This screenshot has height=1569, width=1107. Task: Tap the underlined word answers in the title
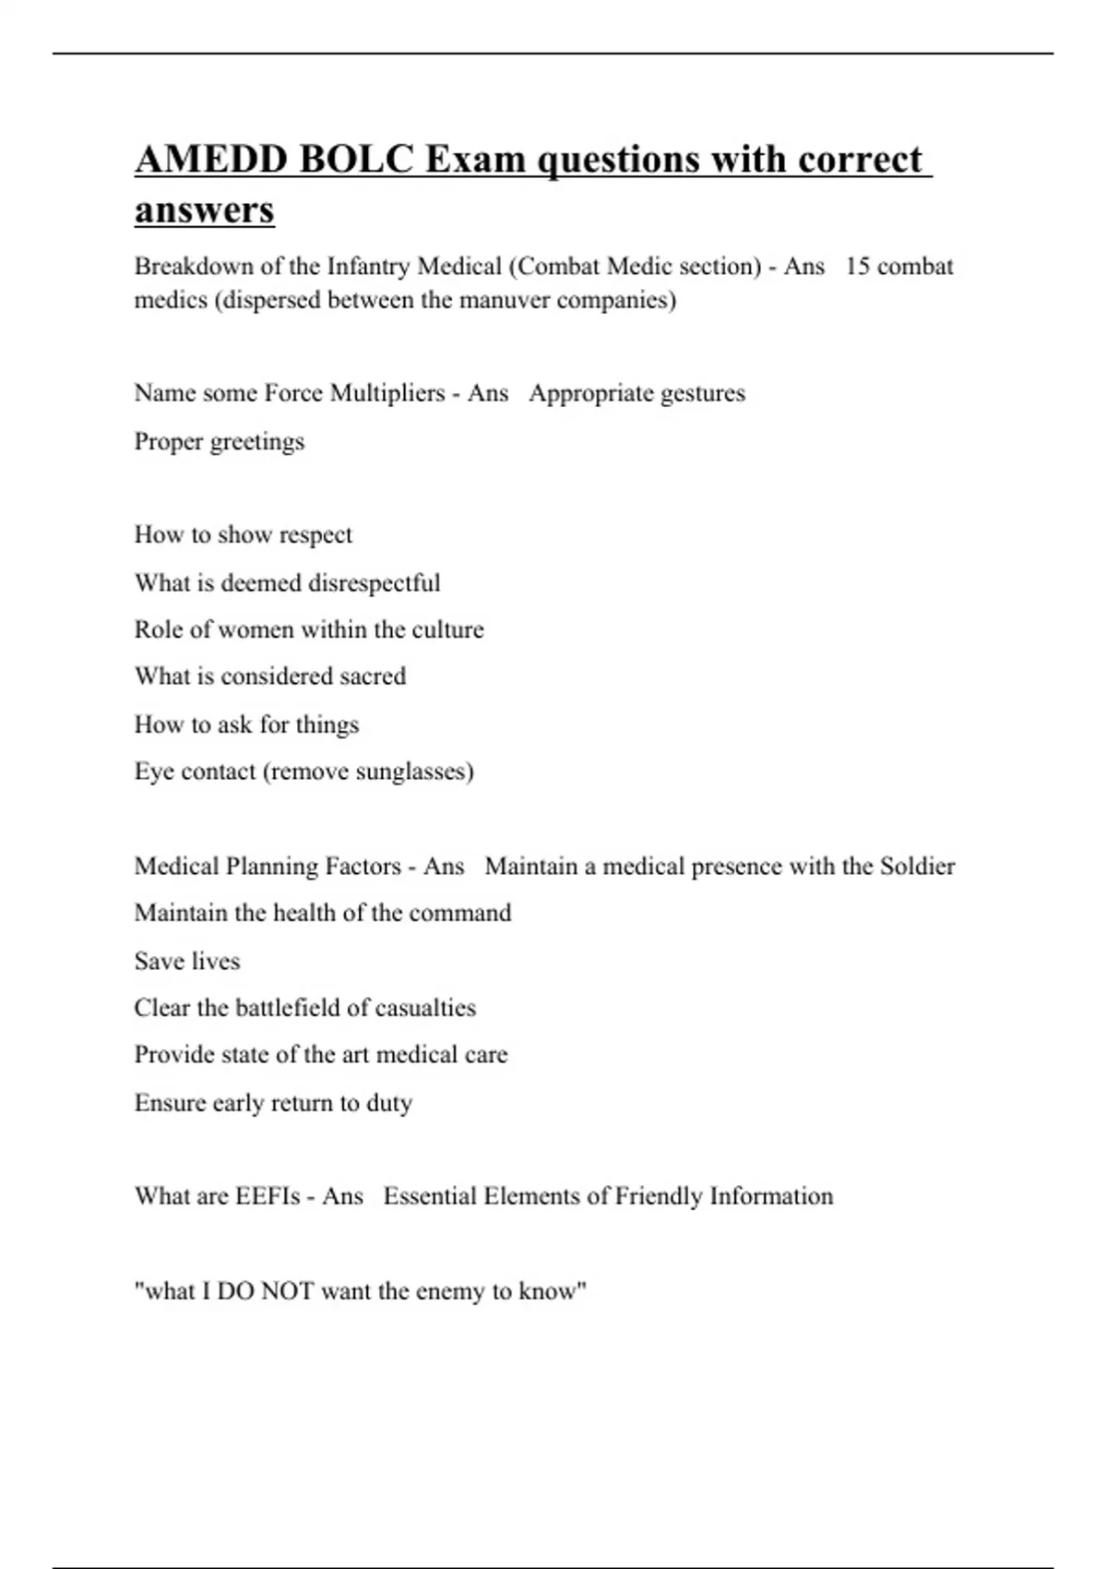205,210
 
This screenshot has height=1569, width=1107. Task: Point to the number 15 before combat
857,267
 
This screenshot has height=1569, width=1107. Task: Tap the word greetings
257,442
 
